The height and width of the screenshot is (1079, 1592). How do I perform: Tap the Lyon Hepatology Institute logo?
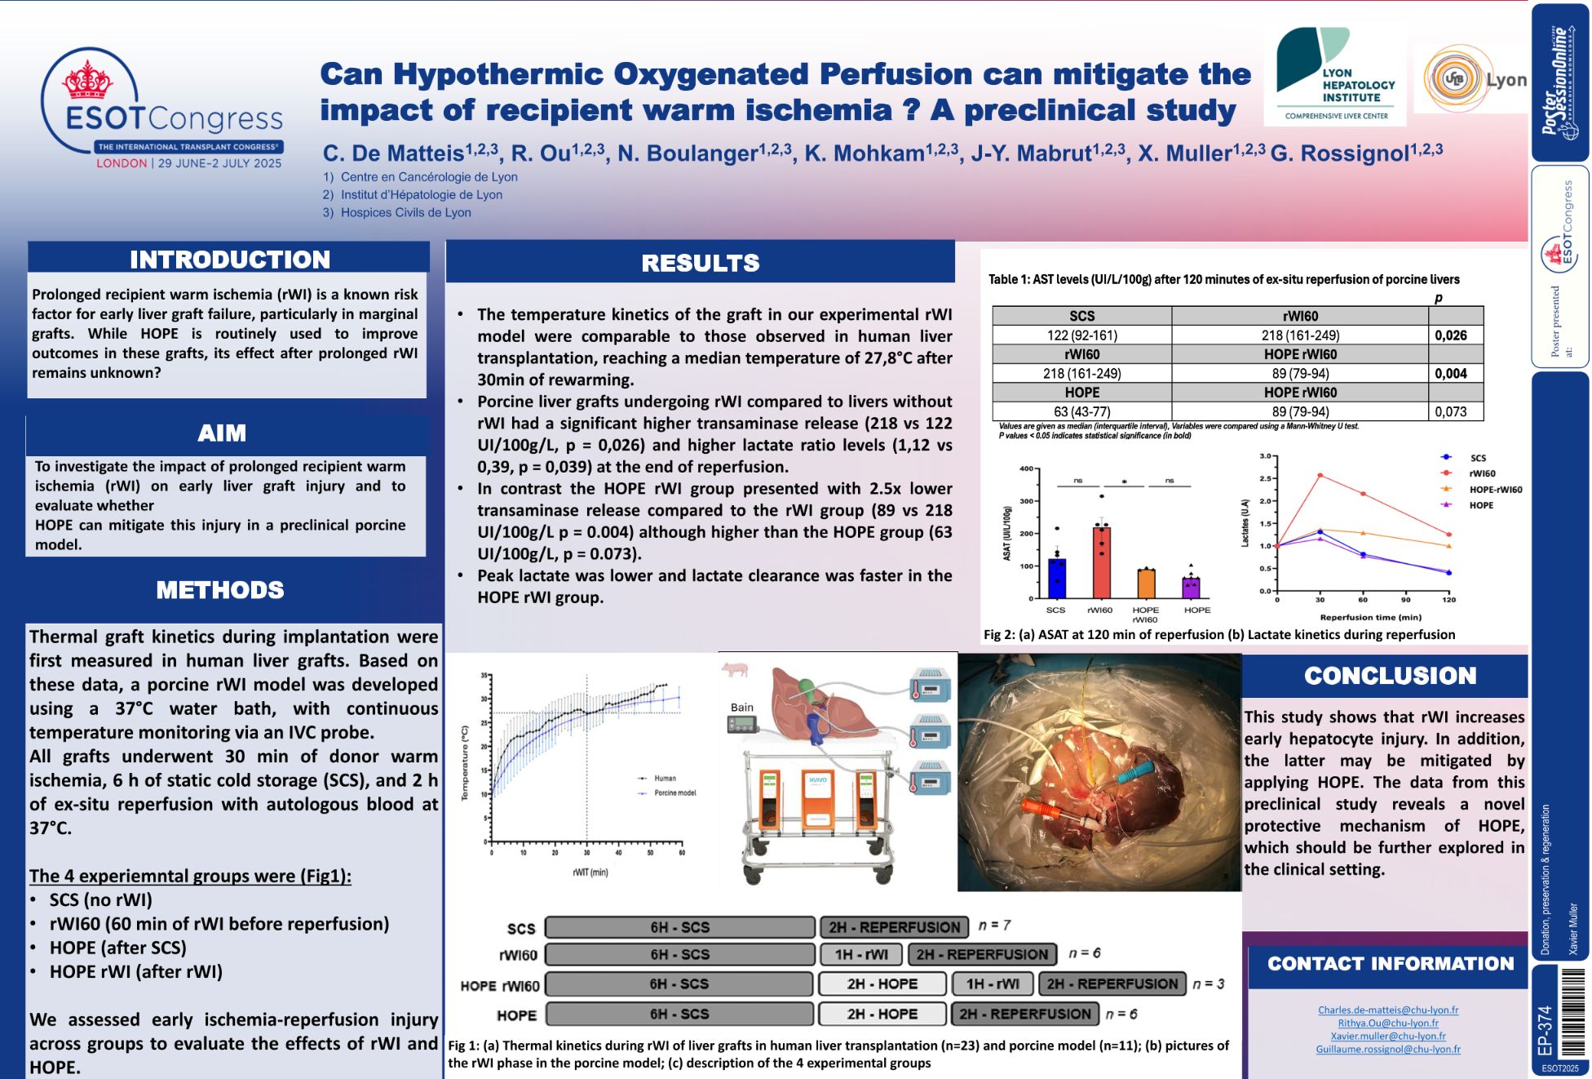coord(1334,76)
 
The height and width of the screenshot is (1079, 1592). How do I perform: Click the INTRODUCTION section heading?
coord(229,260)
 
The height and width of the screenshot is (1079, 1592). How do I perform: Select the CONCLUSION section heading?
coord(1390,676)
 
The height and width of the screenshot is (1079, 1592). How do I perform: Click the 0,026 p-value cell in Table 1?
coord(1450,335)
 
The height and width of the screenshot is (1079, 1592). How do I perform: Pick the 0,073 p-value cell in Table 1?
coord(1450,412)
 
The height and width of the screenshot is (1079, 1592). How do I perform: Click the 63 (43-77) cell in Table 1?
coord(1081,412)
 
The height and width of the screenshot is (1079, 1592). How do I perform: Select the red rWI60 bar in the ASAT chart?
coord(1100,563)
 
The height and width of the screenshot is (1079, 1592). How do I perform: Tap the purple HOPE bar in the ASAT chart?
coord(1191,588)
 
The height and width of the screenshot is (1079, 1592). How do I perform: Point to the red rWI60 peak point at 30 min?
coord(1320,476)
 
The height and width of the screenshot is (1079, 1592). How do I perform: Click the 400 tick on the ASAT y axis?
coord(1026,468)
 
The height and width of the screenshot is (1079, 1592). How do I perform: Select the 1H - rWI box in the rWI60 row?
coord(860,954)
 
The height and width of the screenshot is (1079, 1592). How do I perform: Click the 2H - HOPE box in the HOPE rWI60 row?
coord(882,984)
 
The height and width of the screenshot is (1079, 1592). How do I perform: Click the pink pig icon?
coord(736,669)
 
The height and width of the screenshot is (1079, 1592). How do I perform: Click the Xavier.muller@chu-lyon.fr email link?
coord(1388,1036)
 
